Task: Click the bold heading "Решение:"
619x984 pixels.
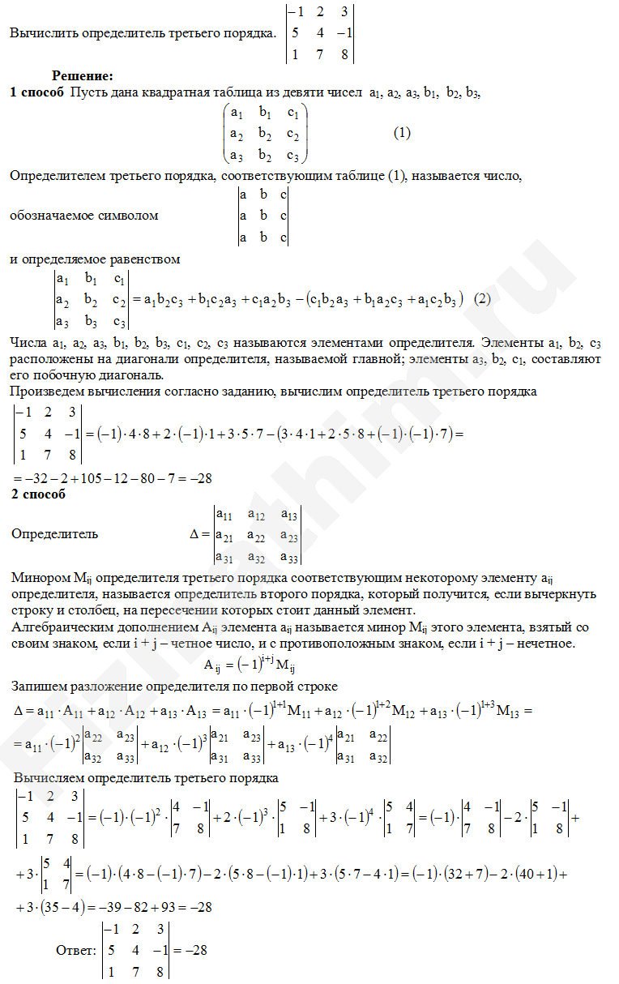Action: pos(83,76)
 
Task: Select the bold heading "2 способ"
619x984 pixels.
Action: pos(39,494)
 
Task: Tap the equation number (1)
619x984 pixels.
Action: pos(403,133)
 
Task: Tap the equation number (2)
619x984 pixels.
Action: pos(483,298)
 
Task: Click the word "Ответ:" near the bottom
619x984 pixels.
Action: pos(75,949)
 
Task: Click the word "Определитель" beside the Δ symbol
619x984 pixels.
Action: pos(55,534)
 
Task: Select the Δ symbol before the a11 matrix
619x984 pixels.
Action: pos(194,534)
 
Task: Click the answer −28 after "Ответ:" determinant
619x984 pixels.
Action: pos(190,949)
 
